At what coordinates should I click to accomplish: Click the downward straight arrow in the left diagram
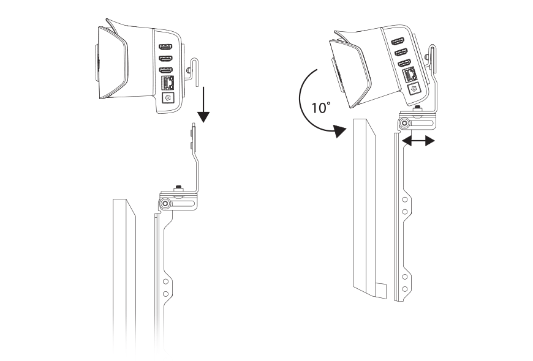coord(203,104)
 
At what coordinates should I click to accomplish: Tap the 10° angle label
coord(320,108)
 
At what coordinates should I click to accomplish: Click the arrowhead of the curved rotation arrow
coord(339,131)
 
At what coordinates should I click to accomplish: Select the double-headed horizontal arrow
coord(418,141)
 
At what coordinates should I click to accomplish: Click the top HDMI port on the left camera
coord(165,47)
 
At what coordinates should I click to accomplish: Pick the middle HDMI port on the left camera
coord(165,58)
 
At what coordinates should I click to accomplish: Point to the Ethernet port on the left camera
coord(167,83)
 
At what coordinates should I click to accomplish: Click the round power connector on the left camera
coord(168,98)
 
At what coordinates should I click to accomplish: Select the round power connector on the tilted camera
coord(414,89)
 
